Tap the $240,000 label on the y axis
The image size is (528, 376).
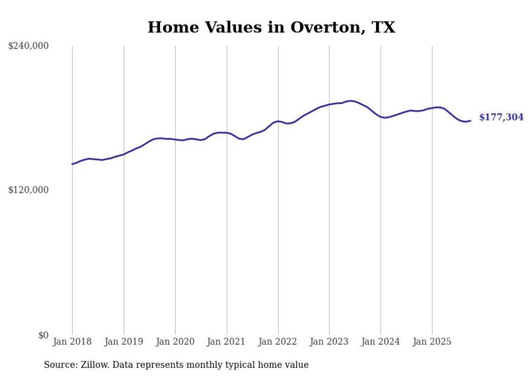[x=29, y=46]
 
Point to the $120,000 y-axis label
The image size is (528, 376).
[x=29, y=190]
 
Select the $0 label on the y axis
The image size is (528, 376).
[x=43, y=335]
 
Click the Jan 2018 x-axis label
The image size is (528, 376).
[x=72, y=342]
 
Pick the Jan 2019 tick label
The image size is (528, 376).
[x=124, y=342]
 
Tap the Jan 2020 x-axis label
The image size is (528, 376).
[x=175, y=342]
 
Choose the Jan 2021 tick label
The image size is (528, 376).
[x=227, y=342]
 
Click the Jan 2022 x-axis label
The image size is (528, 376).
[x=278, y=342]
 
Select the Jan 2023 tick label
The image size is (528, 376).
[x=329, y=342]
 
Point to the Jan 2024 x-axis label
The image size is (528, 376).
[x=381, y=342]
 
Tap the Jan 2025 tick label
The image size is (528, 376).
[x=432, y=342]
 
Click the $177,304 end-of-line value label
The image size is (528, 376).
[x=501, y=117]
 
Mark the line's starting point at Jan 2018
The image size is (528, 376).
[x=72, y=164]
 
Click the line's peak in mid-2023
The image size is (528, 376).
[x=351, y=101]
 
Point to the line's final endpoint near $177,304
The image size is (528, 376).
[x=470, y=120]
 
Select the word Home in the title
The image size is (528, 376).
[x=168, y=27]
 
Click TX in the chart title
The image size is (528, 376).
[x=384, y=27]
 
